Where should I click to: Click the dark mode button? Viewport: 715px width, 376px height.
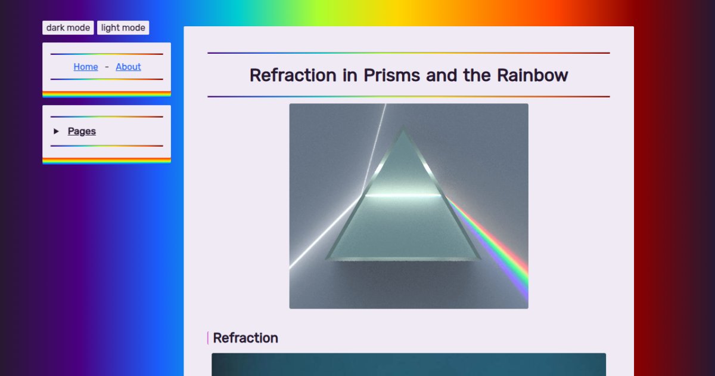pyautogui.click(x=68, y=28)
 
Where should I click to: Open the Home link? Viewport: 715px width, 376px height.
pyautogui.click(x=86, y=67)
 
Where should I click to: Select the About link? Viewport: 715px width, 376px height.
pyautogui.click(x=128, y=67)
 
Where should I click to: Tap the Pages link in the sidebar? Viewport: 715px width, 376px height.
pyautogui.click(x=82, y=131)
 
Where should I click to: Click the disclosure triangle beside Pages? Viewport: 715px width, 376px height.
pyautogui.click(x=56, y=131)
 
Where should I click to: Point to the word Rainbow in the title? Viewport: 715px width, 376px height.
pyautogui.click(x=533, y=75)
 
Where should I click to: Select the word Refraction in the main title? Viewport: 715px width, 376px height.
pyautogui.click(x=293, y=75)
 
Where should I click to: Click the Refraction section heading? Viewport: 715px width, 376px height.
pyautogui.click(x=245, y=338)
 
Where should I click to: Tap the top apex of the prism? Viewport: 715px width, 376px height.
pyautogui.click(x=403, y=127)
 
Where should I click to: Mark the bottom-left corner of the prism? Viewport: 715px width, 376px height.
pyautogui.click(x=327, y=258)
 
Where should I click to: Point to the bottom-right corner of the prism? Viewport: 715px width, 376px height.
pyautogui.click(x=479, y=259)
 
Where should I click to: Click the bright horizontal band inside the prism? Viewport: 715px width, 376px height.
pyautogui.click(x=403, y=195)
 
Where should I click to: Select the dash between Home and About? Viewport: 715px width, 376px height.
pyautogui.click(x=107, y=67)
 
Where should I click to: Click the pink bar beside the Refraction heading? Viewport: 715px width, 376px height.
pyautogui.click(x=208, y=338)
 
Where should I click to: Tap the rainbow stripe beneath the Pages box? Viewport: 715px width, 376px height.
pyautogui.click(x=107, y=161)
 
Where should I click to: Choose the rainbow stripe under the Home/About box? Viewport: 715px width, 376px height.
pyautogui.click(x=107, y=94)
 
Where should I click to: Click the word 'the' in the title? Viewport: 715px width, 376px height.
pyautogui.click(x=477, y=75)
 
